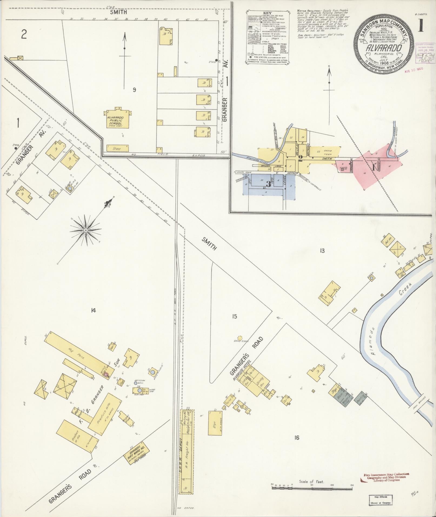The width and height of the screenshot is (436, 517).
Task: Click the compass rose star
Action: point(85,230)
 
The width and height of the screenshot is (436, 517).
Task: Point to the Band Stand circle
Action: point(239,338)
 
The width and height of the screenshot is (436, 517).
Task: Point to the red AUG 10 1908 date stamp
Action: point(414,68)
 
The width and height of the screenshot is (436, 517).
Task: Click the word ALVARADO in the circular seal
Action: point(384,48)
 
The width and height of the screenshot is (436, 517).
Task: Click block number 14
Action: point(93,311)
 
